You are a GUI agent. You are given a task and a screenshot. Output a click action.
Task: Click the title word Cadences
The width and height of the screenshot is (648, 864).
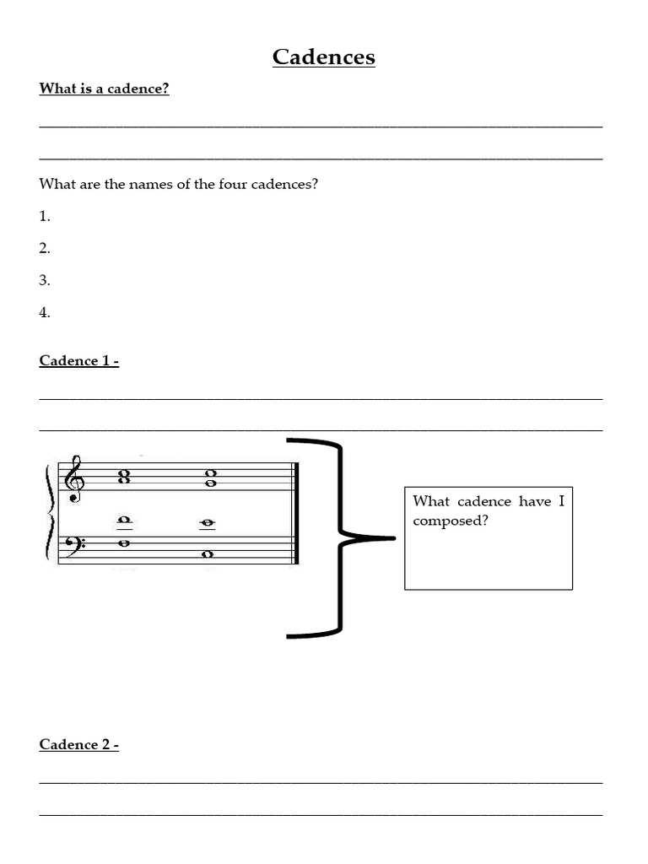[323, 57]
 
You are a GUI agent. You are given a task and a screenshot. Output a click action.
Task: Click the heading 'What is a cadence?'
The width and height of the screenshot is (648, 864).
[104, 89]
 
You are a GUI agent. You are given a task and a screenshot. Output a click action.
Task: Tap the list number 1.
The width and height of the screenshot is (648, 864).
[45, 216]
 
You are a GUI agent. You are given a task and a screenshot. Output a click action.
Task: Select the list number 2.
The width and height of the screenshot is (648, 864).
[45, 248]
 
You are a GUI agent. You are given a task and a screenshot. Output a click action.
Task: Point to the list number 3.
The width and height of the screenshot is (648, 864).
[45, 280]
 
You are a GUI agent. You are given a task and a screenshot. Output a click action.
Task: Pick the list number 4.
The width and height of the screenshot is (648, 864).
[45, 312]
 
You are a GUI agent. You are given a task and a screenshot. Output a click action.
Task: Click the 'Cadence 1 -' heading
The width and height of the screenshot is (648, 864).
[78, 361]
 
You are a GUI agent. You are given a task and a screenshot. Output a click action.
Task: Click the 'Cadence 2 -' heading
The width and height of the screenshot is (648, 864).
[78, 745]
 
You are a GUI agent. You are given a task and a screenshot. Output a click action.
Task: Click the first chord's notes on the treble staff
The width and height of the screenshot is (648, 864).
[124, 478]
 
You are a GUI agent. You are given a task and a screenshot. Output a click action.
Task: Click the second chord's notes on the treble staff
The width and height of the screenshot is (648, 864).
[208, 478]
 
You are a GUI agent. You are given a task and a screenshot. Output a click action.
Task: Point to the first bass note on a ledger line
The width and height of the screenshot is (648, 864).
[124, 520]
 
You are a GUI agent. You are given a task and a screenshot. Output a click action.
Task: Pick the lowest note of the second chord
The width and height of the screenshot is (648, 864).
[208, 554]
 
